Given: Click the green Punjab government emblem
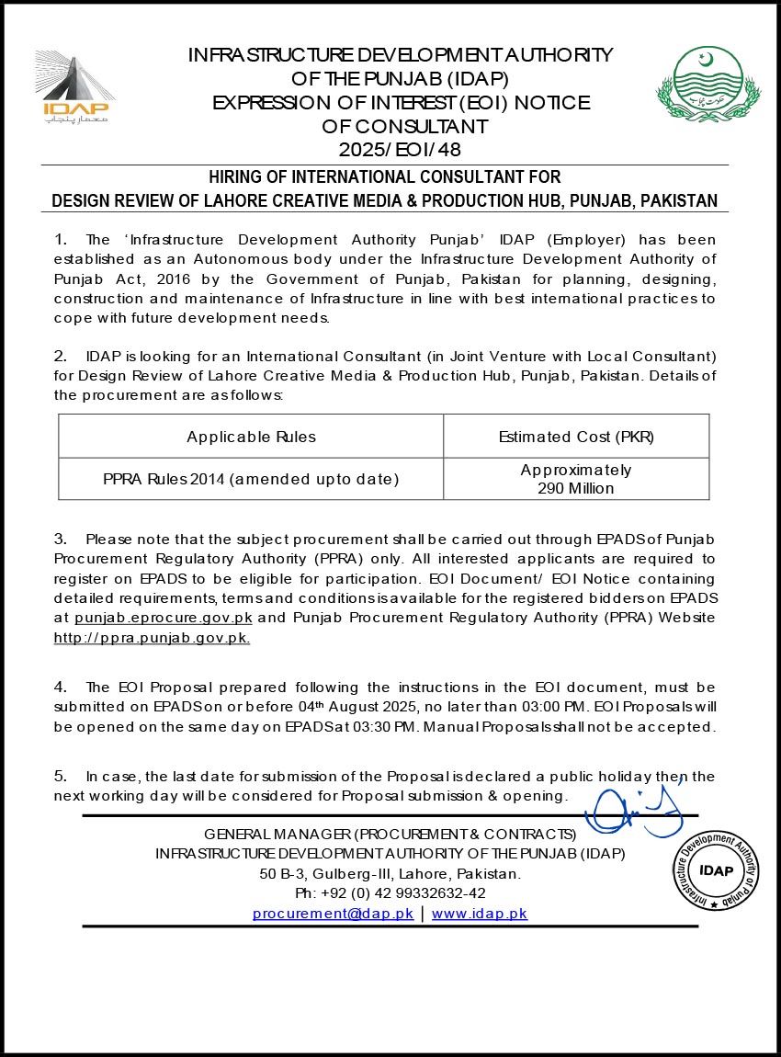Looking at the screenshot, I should point(707,85).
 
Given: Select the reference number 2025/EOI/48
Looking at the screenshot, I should point(399,148).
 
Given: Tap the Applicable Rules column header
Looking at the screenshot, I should point(251,437).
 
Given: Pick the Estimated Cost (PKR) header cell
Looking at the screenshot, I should point(576,437).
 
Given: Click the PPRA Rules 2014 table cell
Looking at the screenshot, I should point(251,479).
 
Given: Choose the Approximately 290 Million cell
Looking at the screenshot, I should point(576,479).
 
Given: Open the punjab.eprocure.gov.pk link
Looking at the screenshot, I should point(164,618).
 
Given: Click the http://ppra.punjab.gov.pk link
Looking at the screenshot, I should point(152,637).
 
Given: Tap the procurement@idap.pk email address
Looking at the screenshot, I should point(333,914).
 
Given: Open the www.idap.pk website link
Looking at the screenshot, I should point(480,914).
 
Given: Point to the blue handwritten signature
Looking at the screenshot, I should point(634,809).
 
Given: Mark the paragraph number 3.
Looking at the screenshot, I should point(60,538).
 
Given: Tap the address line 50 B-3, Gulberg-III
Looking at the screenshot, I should point(390,873).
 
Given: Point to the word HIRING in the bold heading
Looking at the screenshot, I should point(236,176).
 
